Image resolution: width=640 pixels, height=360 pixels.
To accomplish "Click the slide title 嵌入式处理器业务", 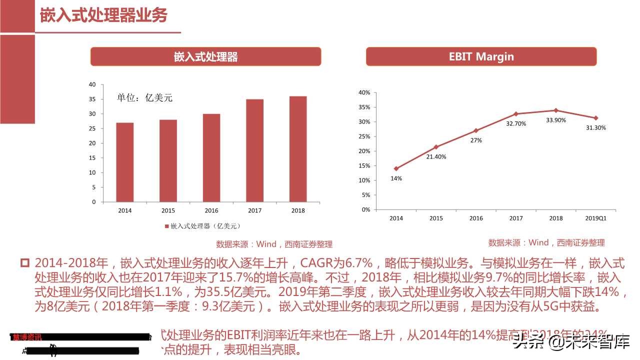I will coord(103,15).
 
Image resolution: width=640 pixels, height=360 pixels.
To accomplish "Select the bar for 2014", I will coord(125,162).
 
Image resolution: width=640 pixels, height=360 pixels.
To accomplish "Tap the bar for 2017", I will coord(254,150).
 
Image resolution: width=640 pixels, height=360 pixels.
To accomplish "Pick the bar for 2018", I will coord(298,149).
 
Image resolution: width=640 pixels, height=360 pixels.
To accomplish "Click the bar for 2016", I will coord(211,158).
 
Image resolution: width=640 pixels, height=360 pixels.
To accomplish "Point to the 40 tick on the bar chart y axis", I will coord(92,84).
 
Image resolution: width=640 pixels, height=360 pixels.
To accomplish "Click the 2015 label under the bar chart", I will coord(168,210).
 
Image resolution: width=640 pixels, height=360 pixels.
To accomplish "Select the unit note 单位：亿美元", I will coord(144,98).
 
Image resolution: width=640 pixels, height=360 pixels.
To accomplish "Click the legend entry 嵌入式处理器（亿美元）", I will coord(199,226).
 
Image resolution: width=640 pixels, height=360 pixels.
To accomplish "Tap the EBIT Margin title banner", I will coord(481,56).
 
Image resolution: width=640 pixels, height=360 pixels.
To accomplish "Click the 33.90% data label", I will coord(556,120).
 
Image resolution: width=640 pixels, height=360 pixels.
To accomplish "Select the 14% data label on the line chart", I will coord(396,178).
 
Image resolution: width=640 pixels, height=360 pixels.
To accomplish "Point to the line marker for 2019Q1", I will coord(595,118).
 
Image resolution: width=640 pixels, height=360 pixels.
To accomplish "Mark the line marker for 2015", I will coord(436,147).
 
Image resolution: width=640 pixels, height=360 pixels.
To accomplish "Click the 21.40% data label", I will coord(436,156).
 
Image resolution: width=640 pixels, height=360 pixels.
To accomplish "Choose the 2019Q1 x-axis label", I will coord(595,218).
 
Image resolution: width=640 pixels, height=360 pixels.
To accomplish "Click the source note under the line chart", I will coord(546,242).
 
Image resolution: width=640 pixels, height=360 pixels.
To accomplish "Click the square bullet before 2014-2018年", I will coord(25,263).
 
